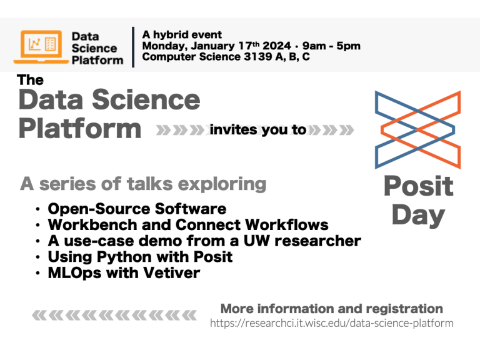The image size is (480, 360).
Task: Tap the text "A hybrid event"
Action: (x=182, y=35)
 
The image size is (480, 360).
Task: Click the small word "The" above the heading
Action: (x=31, y=80)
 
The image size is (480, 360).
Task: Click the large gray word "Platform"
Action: (x=80, y=129)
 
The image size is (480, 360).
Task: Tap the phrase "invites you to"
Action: (x=258, y=130)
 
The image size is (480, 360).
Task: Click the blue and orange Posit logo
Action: (x=417, y=129)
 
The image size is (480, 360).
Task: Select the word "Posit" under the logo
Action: (x=418, y=186)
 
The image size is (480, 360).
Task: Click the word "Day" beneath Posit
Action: (x=418, y=215)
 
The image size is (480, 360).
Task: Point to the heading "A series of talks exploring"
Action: (x=143, y=184)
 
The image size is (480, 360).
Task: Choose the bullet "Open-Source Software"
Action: (x=137, y=208)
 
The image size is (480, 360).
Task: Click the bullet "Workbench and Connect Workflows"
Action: (x=188, y=224)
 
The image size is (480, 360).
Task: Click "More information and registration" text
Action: (x=331, y=309)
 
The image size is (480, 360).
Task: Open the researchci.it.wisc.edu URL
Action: (x=331, y=323)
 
